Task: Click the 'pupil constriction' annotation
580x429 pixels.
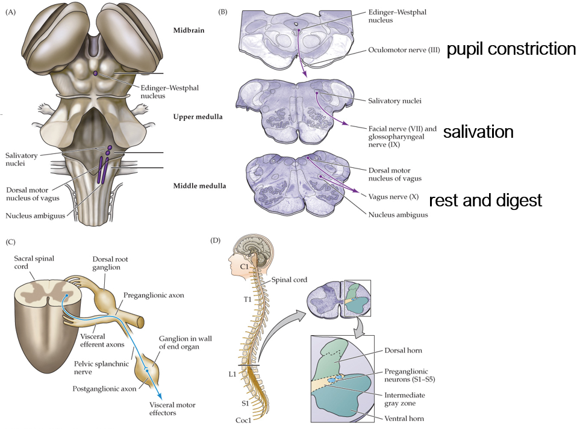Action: pos(511,49)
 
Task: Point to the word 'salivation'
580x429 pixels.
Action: pos(478,132)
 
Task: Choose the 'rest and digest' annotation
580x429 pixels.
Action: pos(485,200)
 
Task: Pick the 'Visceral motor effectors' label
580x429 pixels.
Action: pos(173,409)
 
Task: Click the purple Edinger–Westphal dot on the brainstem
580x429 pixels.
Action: pos(95,73)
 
